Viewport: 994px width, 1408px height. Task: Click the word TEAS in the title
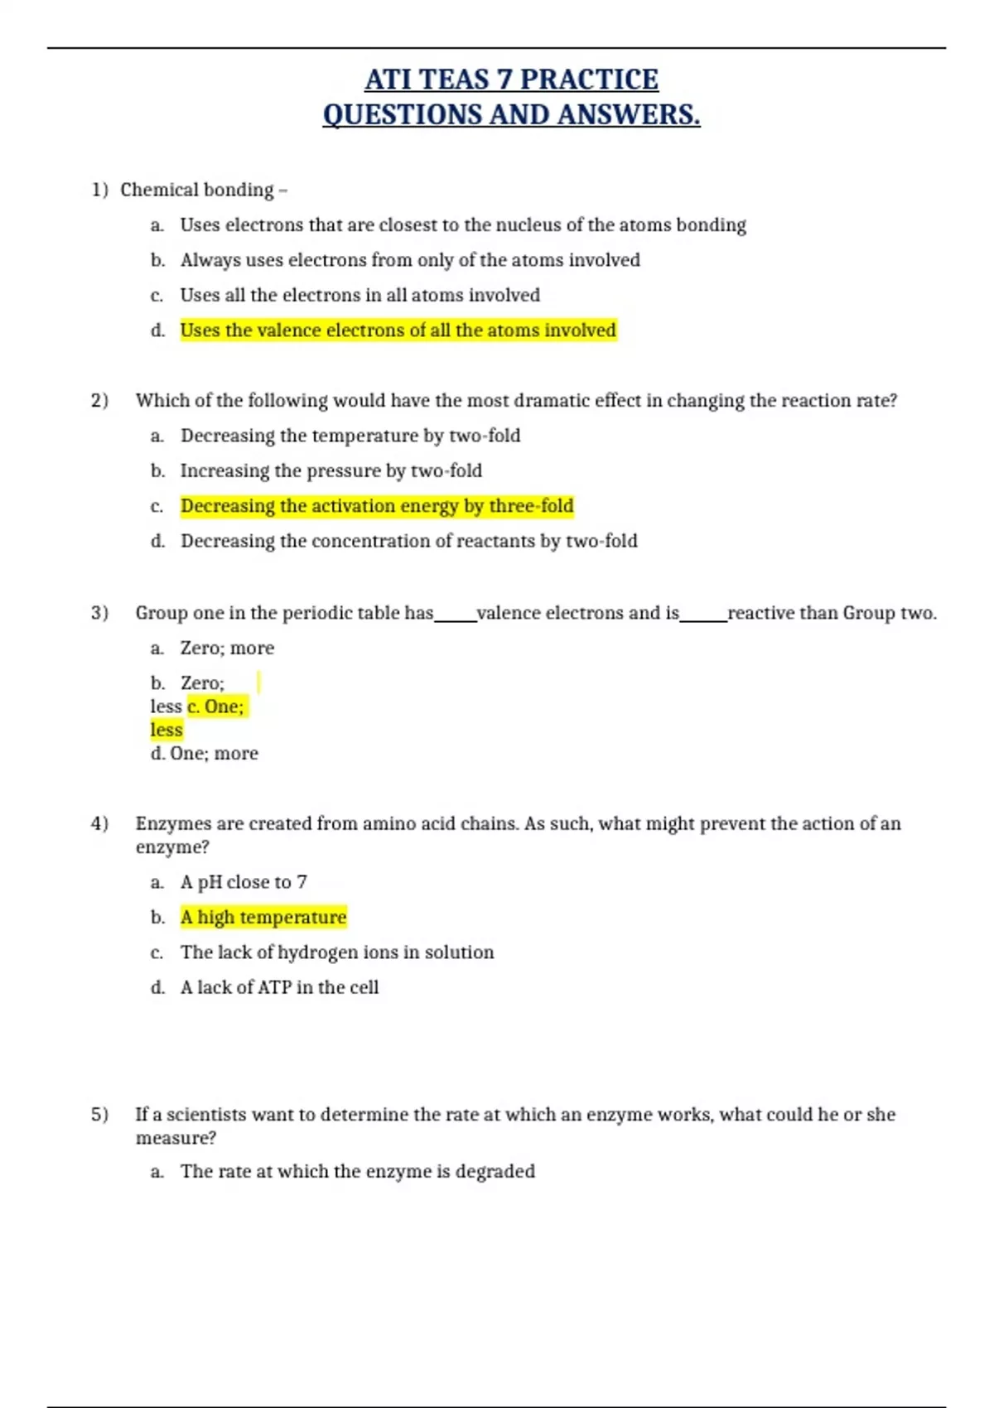click(458, 80)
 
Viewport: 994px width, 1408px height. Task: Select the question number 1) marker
click(99, 190)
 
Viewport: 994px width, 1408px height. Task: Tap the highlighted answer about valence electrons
click(398, 330)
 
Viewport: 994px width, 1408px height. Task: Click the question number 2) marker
click(99, 401)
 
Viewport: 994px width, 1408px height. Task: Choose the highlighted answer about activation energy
click(377, 506)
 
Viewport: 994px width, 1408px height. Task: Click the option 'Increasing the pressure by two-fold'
click(331, 471)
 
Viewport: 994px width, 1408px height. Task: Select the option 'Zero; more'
click(227, 649)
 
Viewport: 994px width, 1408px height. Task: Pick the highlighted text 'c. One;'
click(216, 706)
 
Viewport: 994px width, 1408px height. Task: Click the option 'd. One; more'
click(205, 754)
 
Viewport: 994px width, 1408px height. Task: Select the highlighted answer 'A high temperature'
click(263, 918)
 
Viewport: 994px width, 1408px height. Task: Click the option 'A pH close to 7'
click(244, 883)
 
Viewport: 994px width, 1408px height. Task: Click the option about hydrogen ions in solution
click(337, 952)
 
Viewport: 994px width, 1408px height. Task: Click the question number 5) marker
click(99, 1115)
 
